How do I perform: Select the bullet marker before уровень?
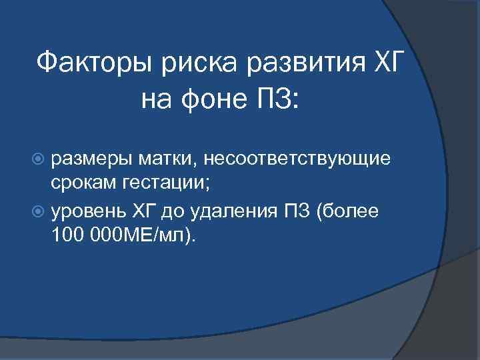click(x=41, y=211)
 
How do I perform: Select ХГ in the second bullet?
click(x=151, y=211)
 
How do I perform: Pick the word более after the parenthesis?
click(x=354, y=211)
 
